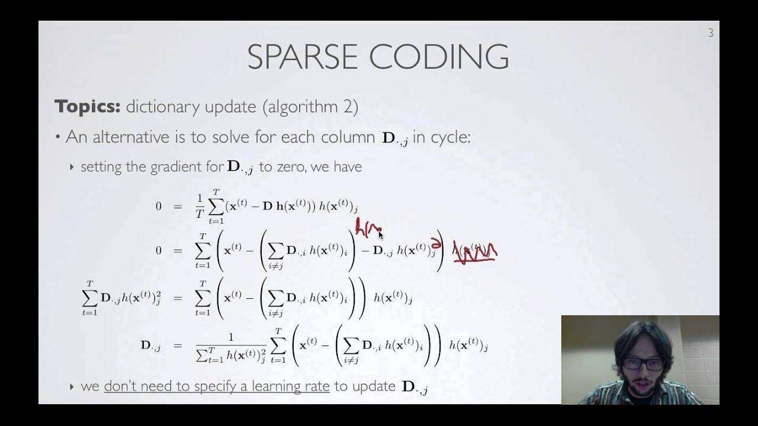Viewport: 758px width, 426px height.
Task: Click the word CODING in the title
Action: point(439,57)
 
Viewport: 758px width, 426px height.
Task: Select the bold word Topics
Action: point(88,107)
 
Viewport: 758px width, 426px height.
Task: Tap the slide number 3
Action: point(711,33)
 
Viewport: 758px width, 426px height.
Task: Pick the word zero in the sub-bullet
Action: point(290,167)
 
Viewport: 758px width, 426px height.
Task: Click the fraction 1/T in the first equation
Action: point(200,206)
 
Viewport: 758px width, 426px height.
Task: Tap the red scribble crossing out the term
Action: point(475,251)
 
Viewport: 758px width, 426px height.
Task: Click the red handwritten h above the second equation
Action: point(360,227)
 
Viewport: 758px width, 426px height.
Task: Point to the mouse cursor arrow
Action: point(381,234)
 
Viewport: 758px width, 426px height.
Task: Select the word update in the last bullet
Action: point(373,386)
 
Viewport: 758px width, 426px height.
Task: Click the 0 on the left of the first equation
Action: point(158,206)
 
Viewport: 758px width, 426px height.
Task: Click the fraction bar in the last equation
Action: point(230,345)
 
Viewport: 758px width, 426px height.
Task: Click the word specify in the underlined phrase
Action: point(207,387)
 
